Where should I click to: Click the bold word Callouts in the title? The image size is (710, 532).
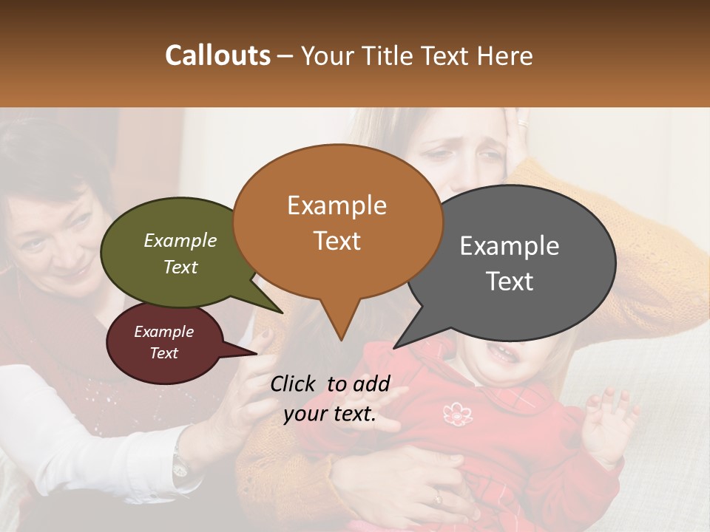click(217, 55)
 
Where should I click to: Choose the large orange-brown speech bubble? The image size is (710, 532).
click(337, 222)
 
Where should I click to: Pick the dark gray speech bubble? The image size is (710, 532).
click(510, 262)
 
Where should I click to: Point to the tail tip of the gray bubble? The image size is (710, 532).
click(396, 347)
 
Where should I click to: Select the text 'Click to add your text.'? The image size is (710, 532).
click(330, 398)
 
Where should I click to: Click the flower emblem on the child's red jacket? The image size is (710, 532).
click(458, 414)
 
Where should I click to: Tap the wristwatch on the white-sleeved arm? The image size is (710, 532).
click(180, 464)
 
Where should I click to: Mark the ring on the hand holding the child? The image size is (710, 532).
click(438, 499)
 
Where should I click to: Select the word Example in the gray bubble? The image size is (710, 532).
click(510, 245)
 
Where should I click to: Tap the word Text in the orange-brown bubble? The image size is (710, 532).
click(337, 241)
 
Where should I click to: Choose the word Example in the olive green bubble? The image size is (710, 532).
click(180, 240)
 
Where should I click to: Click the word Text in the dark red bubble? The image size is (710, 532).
click(164, 353)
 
